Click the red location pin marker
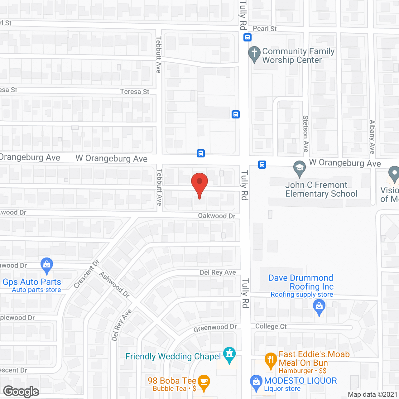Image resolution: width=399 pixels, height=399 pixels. point(199,182)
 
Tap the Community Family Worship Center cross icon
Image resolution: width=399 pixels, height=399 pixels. point(254,53)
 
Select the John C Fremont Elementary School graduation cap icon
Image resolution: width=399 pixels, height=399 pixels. point(300,168)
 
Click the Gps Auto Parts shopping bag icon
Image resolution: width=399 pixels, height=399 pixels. point(47,265)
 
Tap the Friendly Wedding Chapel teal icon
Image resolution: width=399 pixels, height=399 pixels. point(230,354)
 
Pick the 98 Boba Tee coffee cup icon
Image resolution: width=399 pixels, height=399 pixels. point(204,382)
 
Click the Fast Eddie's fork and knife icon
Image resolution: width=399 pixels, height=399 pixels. point(271,360)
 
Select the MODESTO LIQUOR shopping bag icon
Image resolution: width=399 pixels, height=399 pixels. point(256,382)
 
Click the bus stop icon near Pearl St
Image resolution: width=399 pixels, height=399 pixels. point(248,37)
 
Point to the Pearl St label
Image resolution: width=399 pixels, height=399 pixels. point(265,29)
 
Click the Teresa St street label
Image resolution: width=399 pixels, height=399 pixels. point(135,92)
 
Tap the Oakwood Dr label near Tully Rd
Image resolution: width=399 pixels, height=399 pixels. point(217,216)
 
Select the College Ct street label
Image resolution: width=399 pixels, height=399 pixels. point(271,326)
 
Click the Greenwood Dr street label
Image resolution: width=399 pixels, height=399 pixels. point(215,328)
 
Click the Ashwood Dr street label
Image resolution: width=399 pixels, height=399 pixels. point(114,284)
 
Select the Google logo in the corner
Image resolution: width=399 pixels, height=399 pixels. point(21,392)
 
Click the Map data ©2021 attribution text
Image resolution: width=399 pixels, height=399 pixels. point(373,394)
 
